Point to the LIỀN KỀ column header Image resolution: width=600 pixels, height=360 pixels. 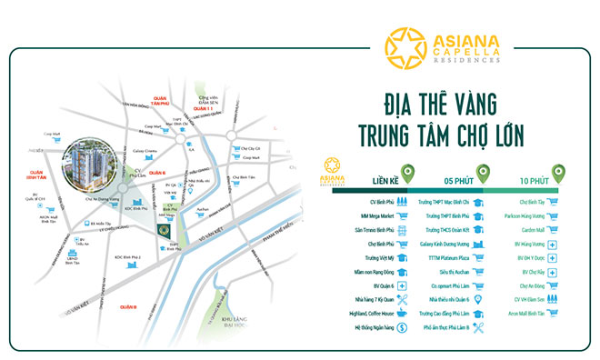click(373, 180)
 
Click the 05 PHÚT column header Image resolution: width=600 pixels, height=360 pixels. click(465, 180)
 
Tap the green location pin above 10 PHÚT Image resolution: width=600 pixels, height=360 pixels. click(559, 168)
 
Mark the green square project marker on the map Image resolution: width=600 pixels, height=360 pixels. click(164, 231)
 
